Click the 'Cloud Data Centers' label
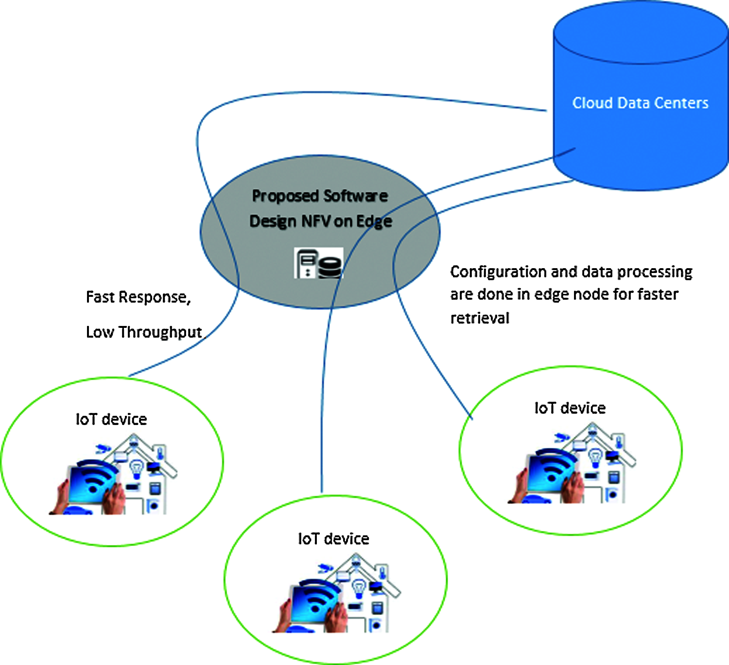(641, 103)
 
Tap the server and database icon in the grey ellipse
(318, 263)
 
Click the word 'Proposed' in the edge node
(286, 197)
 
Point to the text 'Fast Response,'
(139, 297)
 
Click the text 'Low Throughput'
(144, 332)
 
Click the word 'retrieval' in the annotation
(480, 318)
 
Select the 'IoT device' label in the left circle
(111, 419)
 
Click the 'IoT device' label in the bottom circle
(333, 539)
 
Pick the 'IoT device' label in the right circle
(570, 408)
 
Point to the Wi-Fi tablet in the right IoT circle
(551, 474)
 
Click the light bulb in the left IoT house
(137, 469)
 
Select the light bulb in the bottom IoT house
(359, 588)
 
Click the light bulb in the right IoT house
(595, 458)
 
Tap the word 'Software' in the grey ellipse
(356, 196)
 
